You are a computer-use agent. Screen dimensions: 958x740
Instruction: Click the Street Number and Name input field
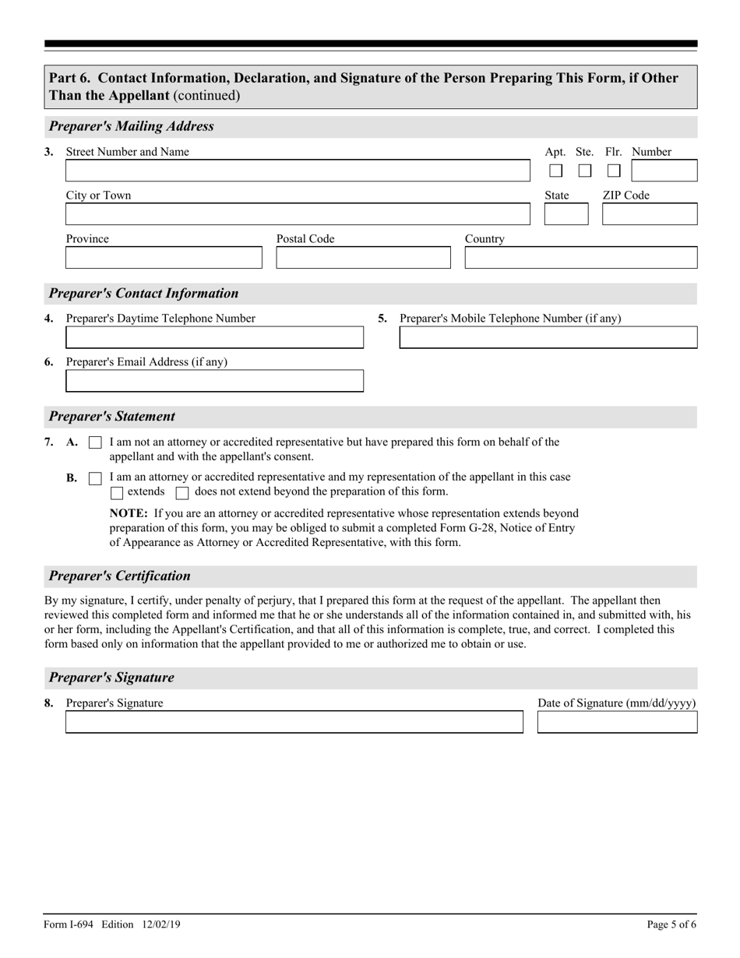[x=297, y=171]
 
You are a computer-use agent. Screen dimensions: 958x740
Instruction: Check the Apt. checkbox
[x=556, y=171]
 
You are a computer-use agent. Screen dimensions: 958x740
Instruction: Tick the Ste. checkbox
[x=585, y=171]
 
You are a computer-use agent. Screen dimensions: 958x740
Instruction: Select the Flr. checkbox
[x=614, y=171]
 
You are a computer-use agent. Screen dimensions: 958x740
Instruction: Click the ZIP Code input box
[x=650, y=214]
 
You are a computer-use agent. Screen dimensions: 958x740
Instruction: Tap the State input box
[x=566, y=214]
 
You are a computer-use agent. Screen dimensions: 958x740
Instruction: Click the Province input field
[x=164, y=258]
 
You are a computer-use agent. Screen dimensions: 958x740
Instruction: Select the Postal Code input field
[x=363, y=258]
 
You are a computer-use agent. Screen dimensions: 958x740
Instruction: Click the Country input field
[x=581, y=258]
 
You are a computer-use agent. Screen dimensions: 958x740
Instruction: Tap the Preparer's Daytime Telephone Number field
[x=214, y=337]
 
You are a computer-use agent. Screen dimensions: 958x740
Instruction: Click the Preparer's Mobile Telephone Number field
[x=548, y=337]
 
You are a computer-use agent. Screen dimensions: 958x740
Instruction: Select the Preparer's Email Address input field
[x=214, y=381]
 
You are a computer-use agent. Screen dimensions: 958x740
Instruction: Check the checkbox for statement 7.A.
[x=95, y=443]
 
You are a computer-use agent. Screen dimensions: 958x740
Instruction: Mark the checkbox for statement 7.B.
[x=95, y=478]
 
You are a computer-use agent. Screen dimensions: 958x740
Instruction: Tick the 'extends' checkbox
[x=117, y=492]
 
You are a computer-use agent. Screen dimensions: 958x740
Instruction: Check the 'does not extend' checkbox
[x=182, y=492]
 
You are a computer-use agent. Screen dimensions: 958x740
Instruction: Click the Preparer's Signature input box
[x=294, y=722]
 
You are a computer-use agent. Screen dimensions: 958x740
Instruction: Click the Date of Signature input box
[x=617, y=722]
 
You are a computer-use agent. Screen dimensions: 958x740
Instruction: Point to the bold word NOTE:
[x=129, y=513]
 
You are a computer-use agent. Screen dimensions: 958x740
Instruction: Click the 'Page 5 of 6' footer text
[x=671, y=925]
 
